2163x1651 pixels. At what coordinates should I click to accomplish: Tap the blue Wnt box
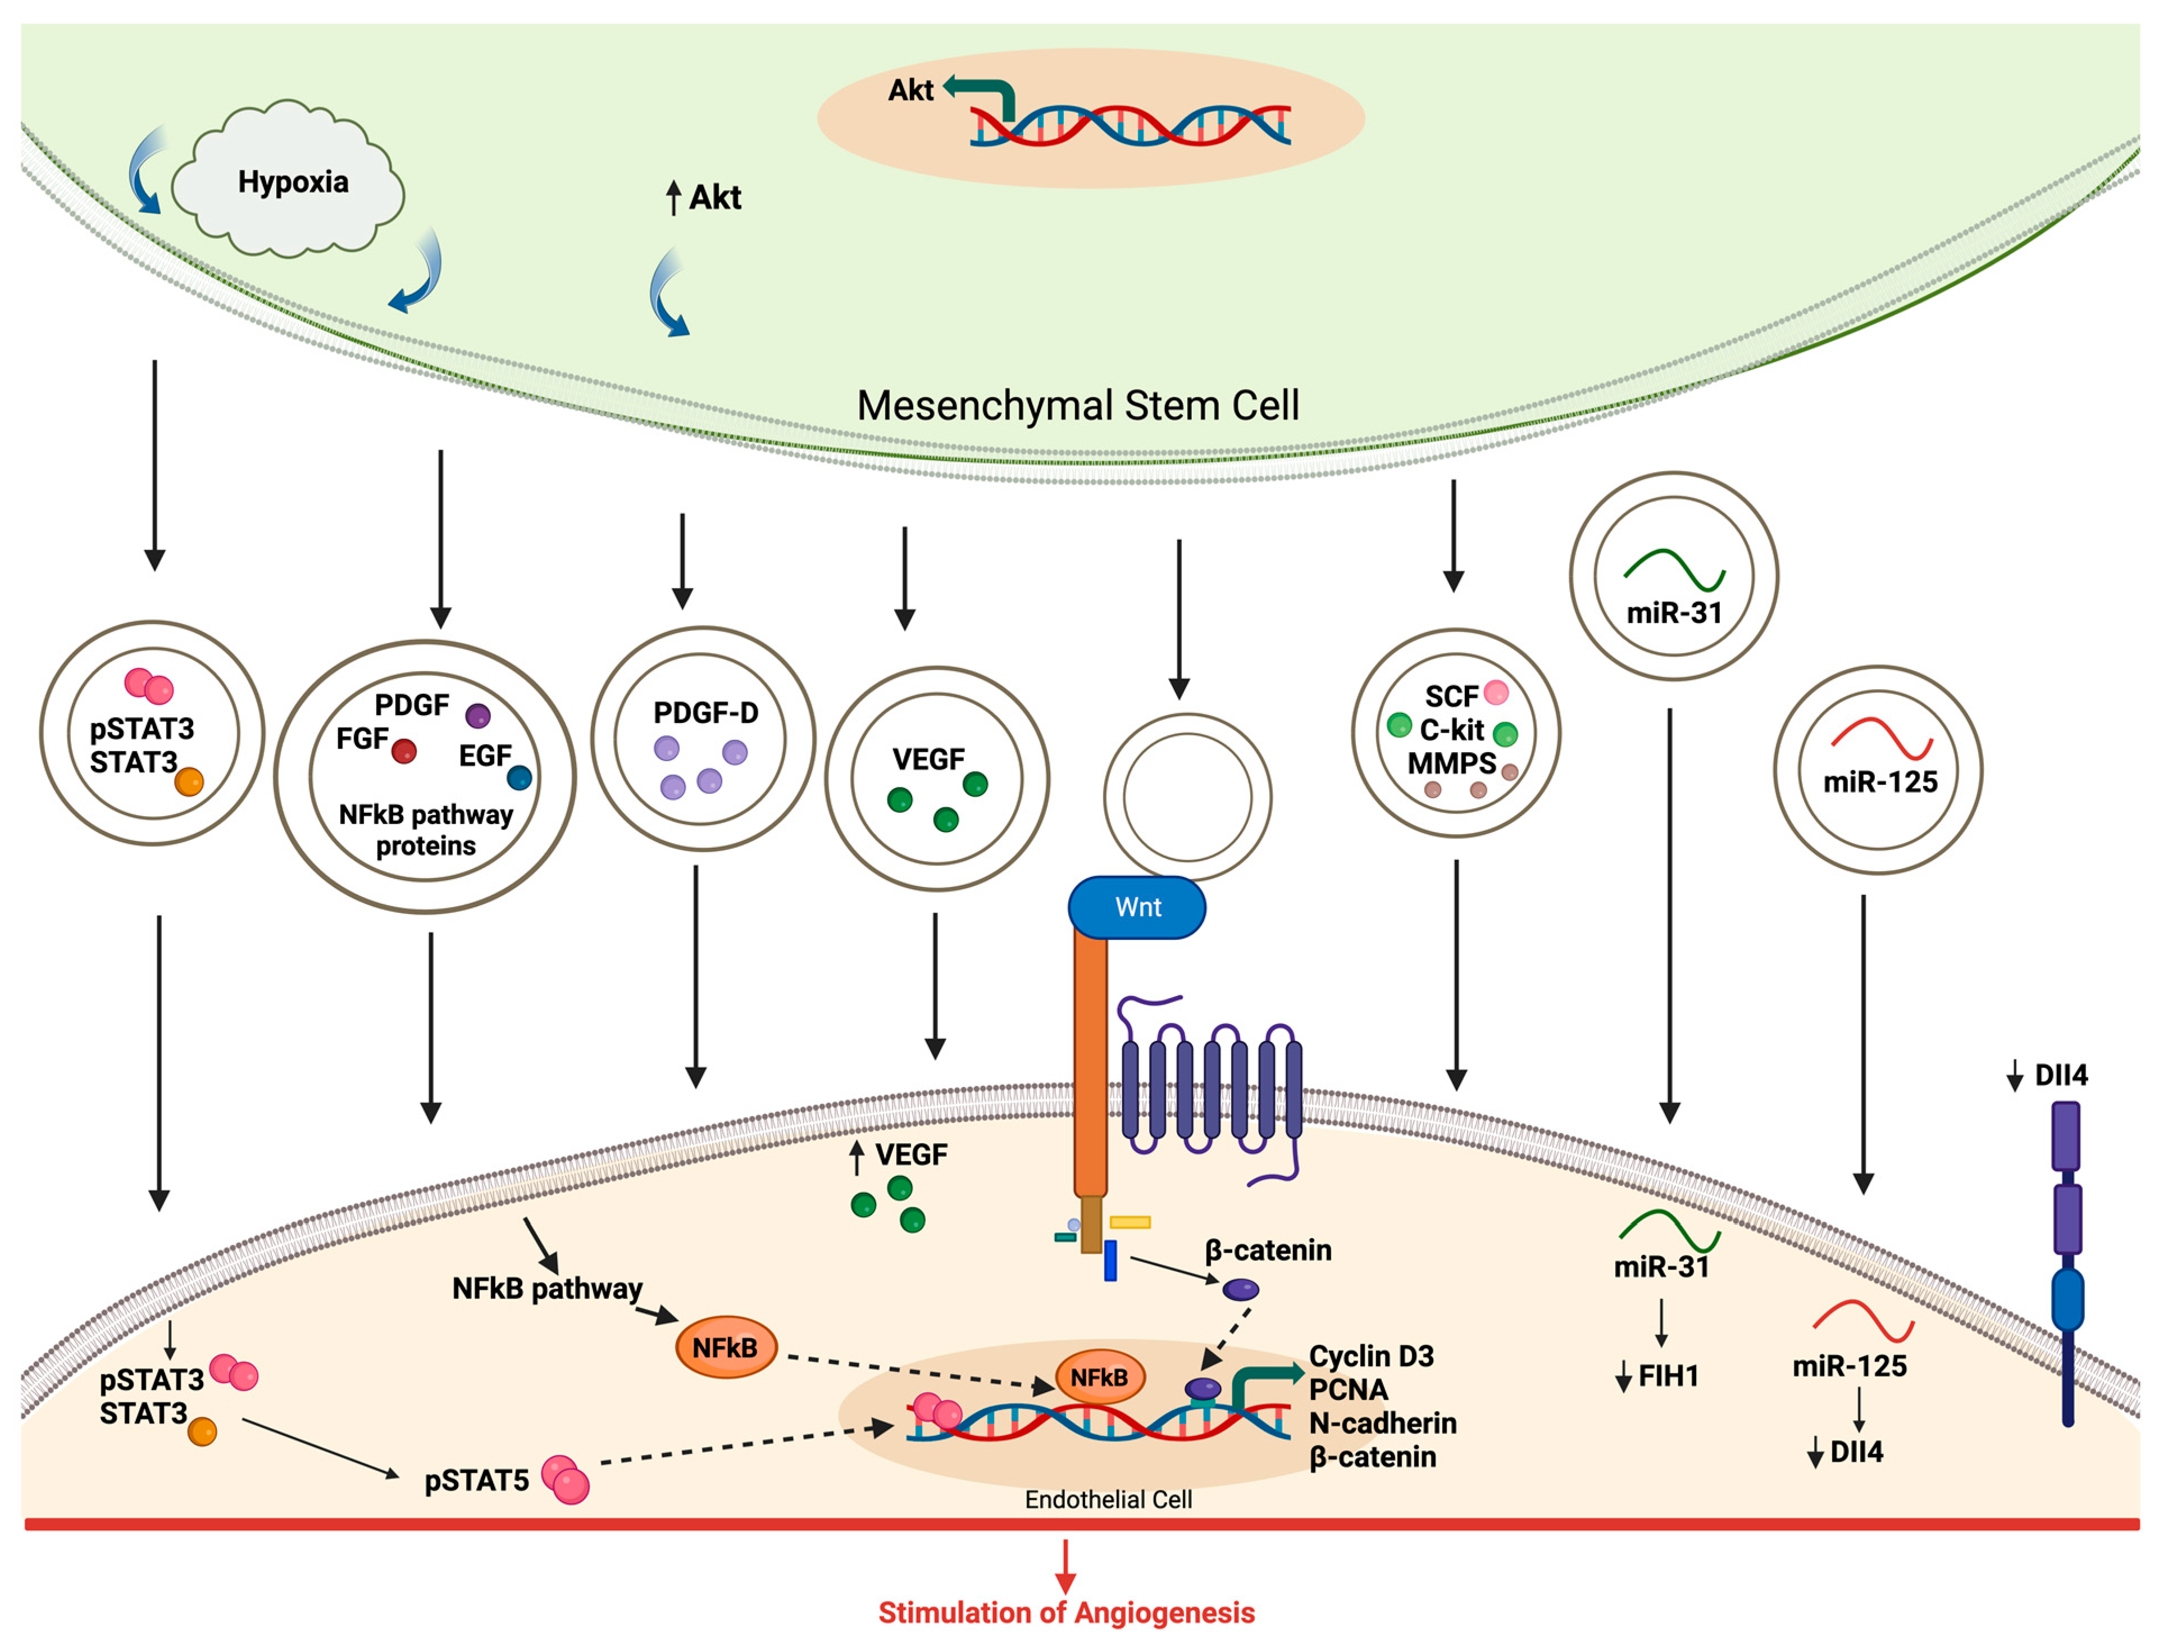(1137, 907)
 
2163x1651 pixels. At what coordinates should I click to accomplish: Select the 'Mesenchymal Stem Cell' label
(1077, 405)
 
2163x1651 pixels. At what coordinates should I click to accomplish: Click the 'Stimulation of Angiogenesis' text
(1065, 1613)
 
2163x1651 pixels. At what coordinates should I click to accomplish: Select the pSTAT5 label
(477, 1480)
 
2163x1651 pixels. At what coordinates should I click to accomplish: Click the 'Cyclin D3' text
(1371, 1356)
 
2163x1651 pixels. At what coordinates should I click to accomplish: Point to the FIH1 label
(1668, 1376)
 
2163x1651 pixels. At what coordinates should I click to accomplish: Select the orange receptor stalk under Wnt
(1090, 1061)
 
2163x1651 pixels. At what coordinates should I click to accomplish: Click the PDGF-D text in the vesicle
(705, 712)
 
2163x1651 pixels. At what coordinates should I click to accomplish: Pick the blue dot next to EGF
(519, 779)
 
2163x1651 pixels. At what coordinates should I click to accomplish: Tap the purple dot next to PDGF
(477, 716)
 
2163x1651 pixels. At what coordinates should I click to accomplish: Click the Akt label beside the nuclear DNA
(910, 90)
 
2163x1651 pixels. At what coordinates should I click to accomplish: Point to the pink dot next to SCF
(1496, 693)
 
